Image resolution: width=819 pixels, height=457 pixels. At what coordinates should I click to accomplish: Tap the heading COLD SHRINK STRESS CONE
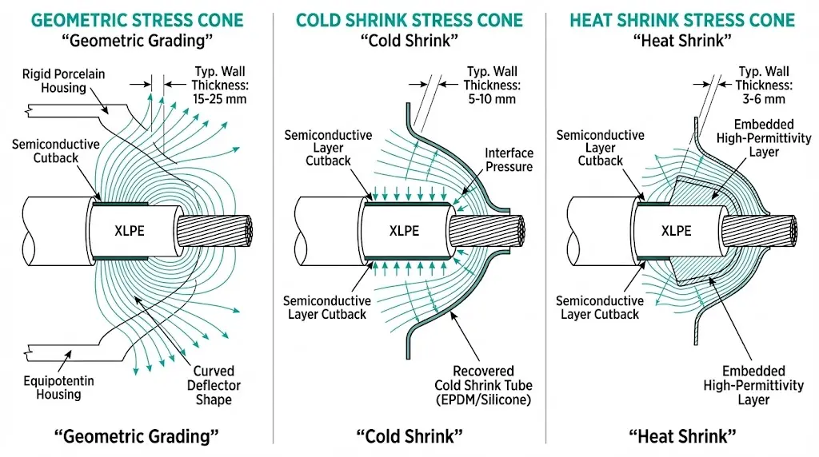point(409,20)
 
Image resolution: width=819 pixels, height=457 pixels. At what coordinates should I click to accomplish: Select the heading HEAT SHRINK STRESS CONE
point(682,20)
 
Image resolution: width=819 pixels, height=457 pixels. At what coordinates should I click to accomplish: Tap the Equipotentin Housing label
point(58,387)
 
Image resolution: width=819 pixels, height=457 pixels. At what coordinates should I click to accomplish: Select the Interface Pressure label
point(509,160)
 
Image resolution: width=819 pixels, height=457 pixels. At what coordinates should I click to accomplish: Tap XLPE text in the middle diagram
point(404,231)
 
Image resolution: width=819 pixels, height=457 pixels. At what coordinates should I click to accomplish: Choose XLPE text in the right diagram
point(677,231)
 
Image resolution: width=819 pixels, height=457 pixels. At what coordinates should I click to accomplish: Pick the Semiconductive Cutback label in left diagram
point(56,151)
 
